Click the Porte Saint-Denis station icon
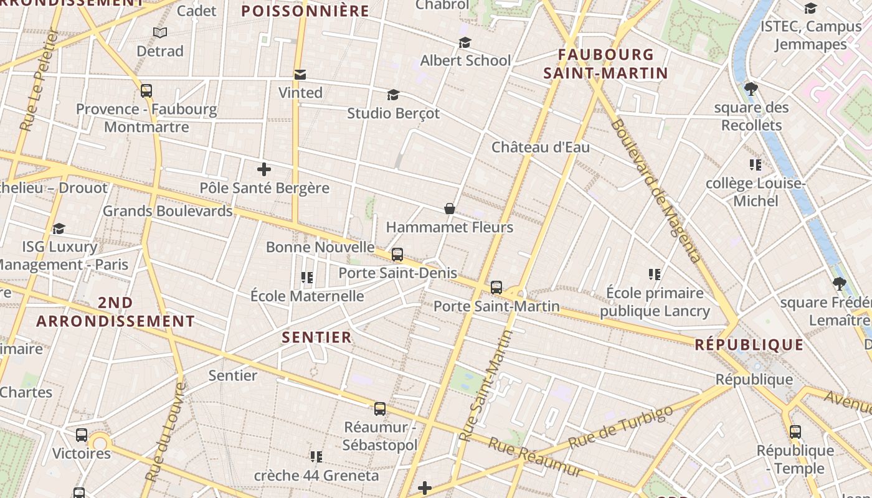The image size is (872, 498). point(397,255)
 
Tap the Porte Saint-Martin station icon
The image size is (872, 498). point(496,288)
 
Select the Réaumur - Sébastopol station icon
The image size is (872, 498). point(380,409)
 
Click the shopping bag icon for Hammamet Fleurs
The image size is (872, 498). point(449,209)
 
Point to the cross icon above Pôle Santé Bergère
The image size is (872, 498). point(263,169)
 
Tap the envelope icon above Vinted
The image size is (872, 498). point(300,75)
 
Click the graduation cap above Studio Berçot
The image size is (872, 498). point(393,95)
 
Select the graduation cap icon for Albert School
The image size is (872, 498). point(465,42)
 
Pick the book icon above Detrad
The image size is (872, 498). point(160,32)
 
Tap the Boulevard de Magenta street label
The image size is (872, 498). point(656,190)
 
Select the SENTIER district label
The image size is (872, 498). point(317,337)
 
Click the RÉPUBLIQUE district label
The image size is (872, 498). point(749,344)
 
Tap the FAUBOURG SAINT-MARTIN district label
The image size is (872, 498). point(605,64)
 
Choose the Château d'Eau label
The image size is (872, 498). point(540,148)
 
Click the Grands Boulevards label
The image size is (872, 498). point(168,211)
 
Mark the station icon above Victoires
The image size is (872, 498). point(82,435)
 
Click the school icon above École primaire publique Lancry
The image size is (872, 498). point(655,274)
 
